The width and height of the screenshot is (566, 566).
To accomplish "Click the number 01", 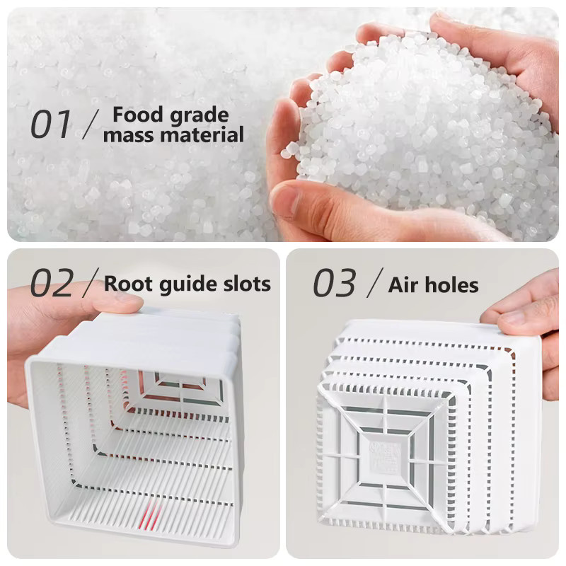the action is pos(50,125).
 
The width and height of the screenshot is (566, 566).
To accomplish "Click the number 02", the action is pos(52,283).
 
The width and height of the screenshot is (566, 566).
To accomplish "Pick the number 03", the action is pos(334,283).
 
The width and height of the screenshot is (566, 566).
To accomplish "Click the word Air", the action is pos(403,285).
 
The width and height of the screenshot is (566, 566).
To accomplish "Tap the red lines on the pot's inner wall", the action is pos(152,517).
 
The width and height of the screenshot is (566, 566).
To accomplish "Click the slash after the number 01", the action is pos(91,125).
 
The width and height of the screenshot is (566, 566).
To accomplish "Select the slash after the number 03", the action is pos(375,283).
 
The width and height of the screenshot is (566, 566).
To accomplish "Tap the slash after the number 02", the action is pos(91,283).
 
